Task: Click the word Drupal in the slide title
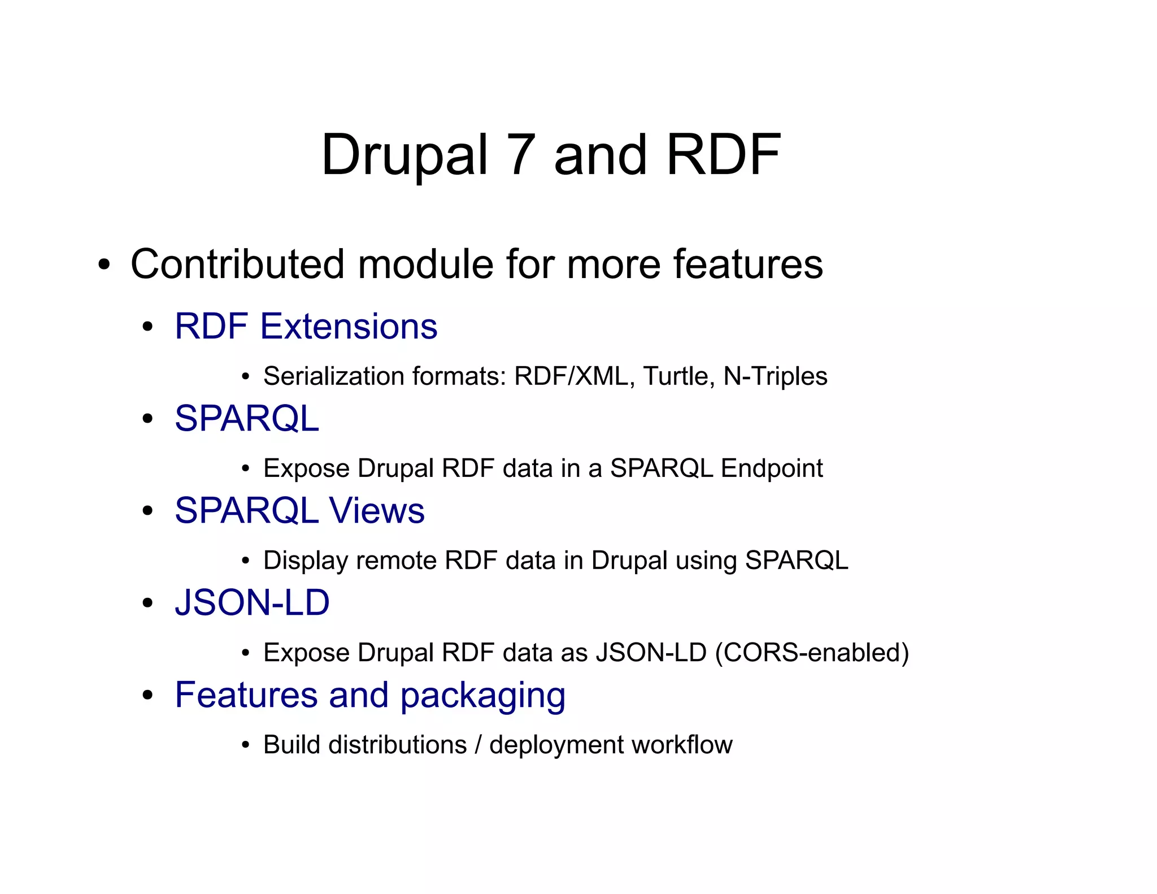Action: [x=404, y=155]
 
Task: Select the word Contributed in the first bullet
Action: [x=237, y=264]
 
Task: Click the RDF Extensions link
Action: [x=306, y=326]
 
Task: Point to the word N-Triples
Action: [x=775, y=376]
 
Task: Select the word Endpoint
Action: [x=772, y=468]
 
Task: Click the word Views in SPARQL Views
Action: [x=377, y=510]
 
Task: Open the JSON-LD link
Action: [x=252, y=602]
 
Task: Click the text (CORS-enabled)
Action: [x=812, y=653]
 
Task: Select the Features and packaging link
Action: [x=370, y=695]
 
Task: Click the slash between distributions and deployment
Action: [x=478, y=745]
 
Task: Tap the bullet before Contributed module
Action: [x=103, y=265]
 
